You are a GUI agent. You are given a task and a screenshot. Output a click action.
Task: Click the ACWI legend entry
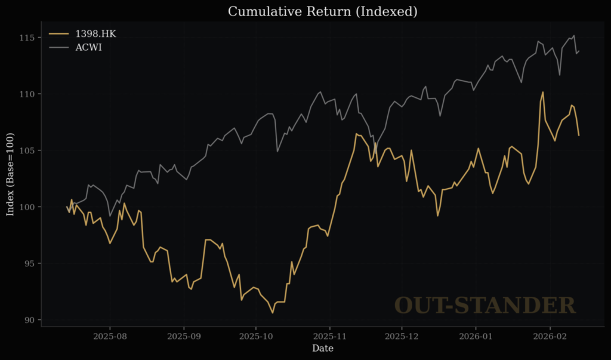(88, 47)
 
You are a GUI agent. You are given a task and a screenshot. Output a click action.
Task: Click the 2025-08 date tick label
(110, 336)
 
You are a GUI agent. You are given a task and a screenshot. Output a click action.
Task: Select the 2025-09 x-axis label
(184, 336)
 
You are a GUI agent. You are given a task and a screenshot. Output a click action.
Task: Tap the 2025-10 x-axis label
(256, 336)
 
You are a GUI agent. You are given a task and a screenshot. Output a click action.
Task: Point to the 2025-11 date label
(330, 336)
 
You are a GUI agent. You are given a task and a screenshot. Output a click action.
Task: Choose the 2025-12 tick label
(402, 336)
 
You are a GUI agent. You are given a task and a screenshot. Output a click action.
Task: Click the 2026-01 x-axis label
(476, 336)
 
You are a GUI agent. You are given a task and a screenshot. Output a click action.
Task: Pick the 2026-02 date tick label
(550, 336)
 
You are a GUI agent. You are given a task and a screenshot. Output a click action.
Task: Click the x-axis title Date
(323, 348)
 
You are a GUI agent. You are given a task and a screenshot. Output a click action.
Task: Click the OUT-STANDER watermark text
(485, 305)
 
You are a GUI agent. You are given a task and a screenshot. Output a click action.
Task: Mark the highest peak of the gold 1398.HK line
(543, 92)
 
